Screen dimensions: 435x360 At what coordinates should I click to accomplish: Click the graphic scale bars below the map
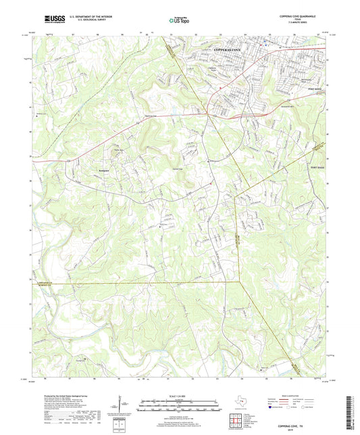[x=179, y=406]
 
